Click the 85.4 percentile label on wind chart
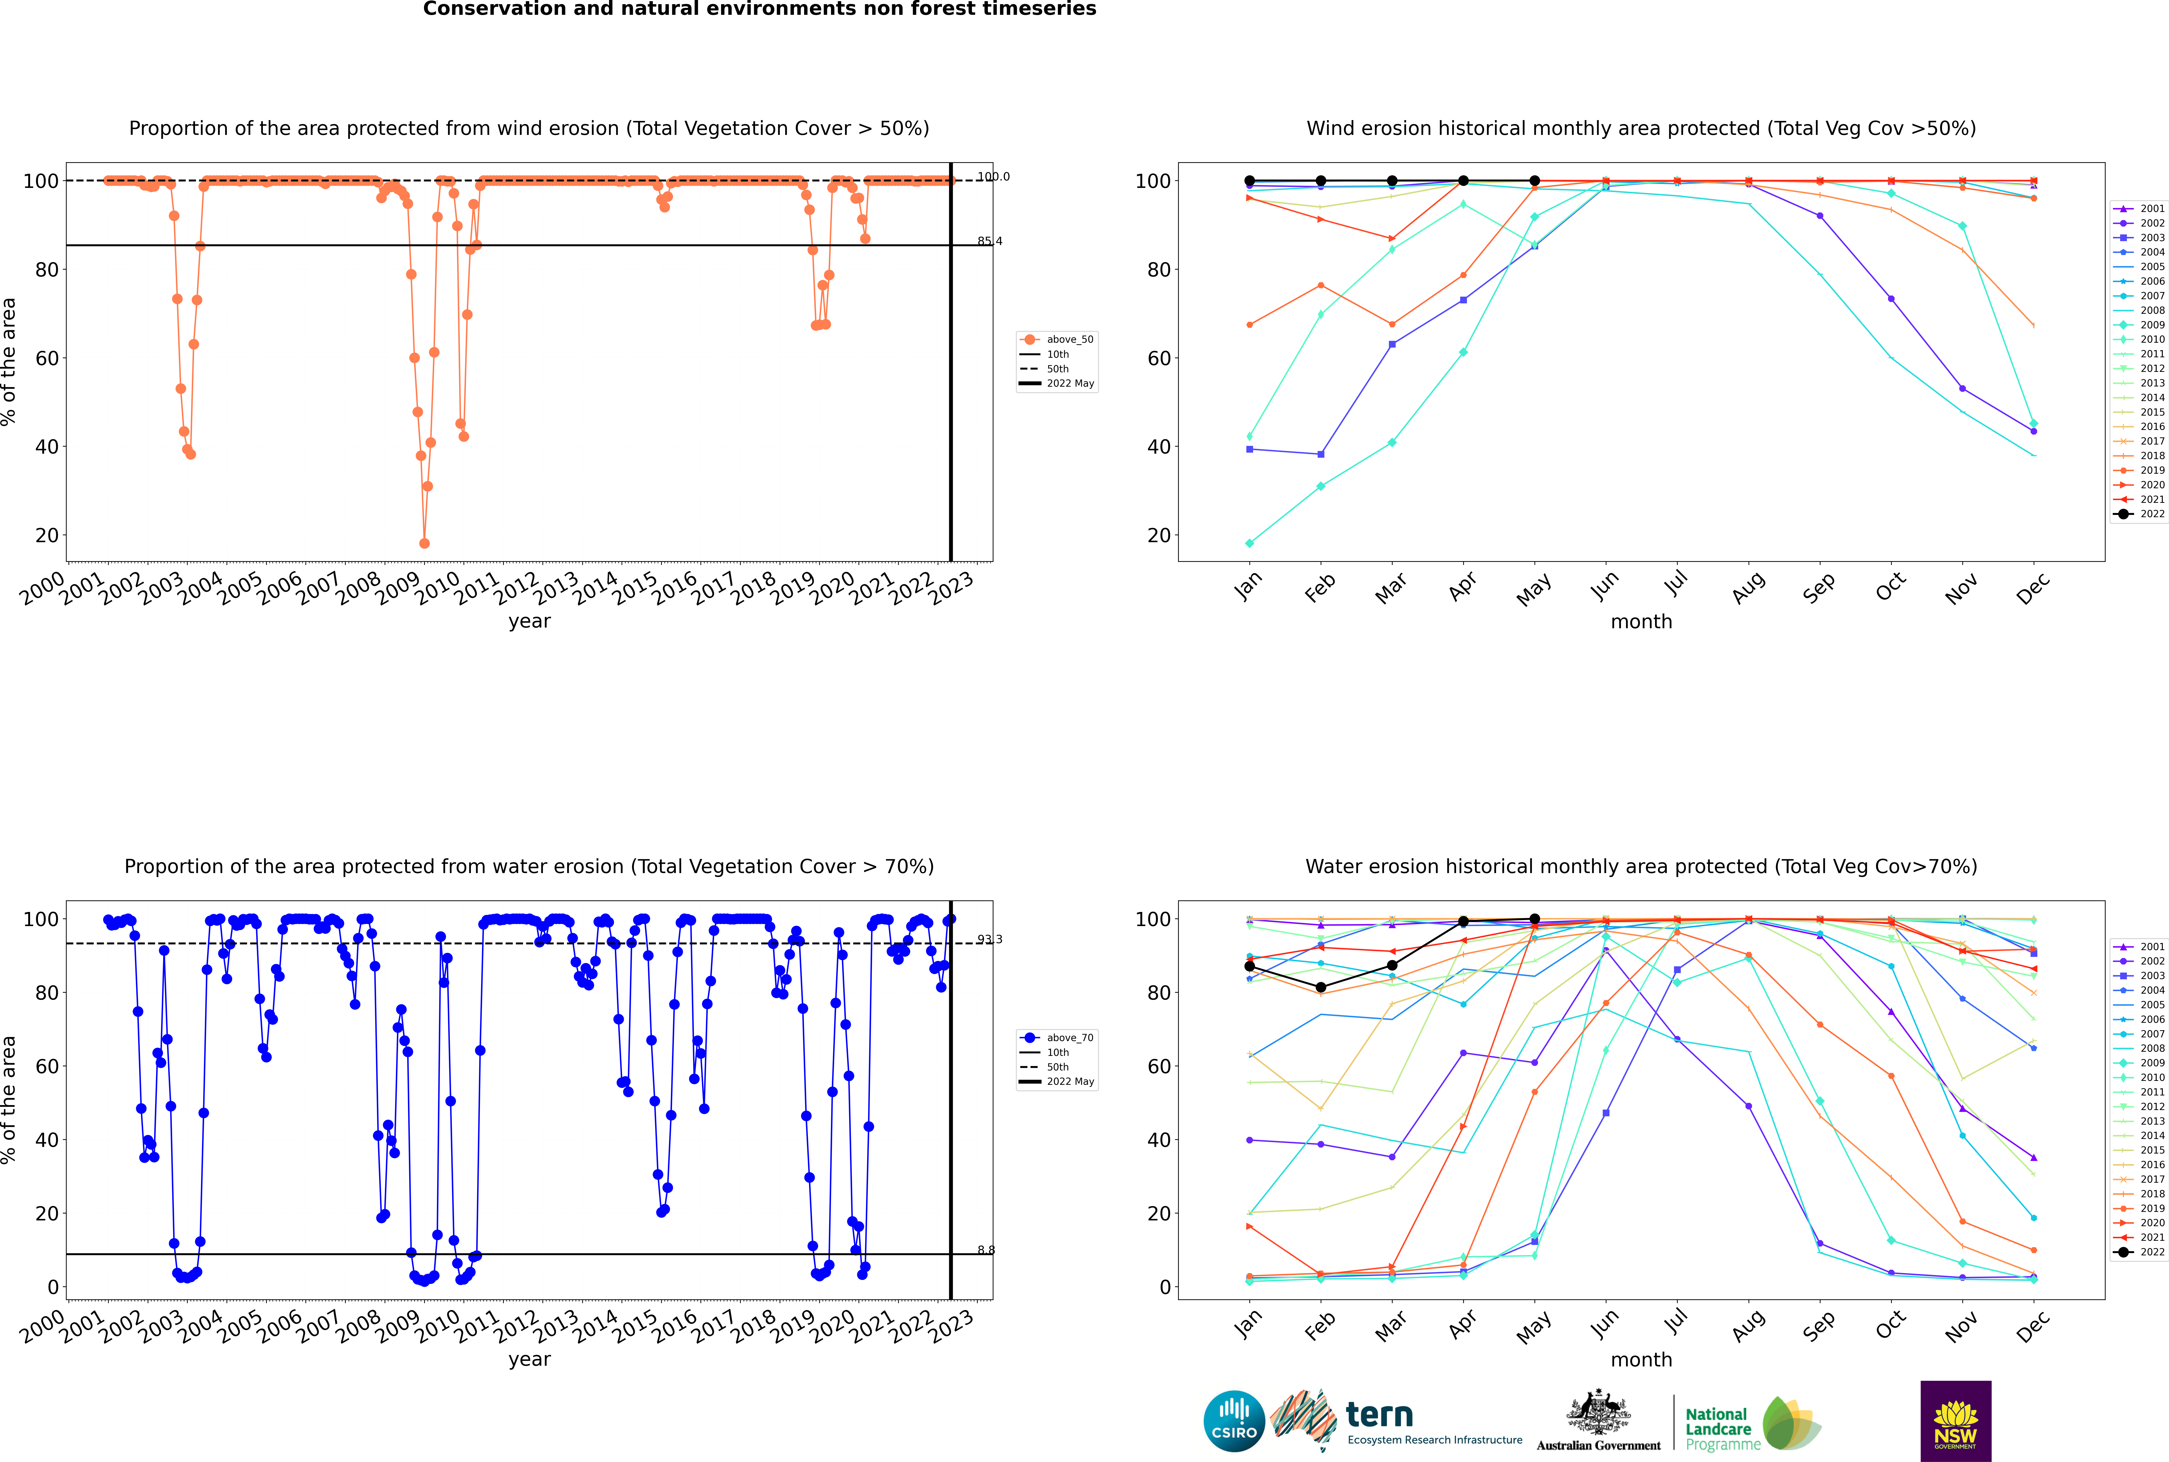tap(989, 242)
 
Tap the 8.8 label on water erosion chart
tap(986, 1250)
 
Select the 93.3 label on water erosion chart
tap(989, 940)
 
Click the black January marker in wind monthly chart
tap(1250, 181)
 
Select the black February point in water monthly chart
tap(1320, 987)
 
